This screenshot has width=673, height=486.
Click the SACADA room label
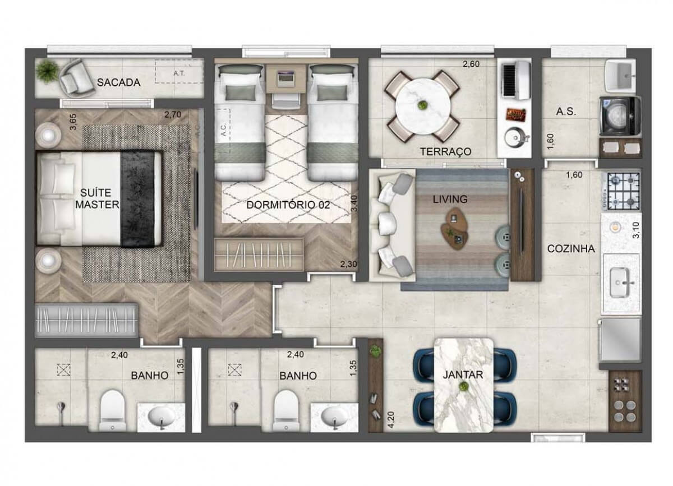tap(118, 82)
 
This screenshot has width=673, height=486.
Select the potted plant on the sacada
tap(46, 71)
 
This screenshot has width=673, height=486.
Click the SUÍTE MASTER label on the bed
tap(98, 199)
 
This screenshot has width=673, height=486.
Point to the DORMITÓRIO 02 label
tap(288, 205)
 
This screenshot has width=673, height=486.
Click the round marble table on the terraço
tap(422, 106)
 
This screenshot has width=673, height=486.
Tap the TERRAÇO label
tap(445, 152)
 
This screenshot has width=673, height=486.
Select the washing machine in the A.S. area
tap(620, 116)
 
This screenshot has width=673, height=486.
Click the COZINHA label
tap(571, 249)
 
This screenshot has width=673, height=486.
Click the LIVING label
tap(450, 199)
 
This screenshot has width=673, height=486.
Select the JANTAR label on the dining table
tap(464, 374)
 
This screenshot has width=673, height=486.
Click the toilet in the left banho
tap(113, 410)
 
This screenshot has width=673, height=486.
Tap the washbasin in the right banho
tap(335, 416)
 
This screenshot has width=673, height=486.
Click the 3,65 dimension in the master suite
tap(73, 122)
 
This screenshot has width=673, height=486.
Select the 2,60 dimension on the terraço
tap(471, 64)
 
